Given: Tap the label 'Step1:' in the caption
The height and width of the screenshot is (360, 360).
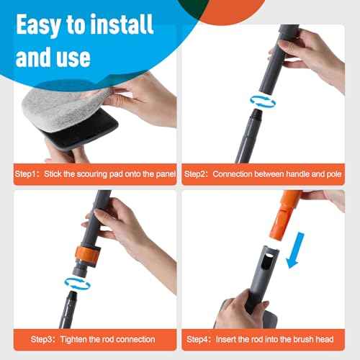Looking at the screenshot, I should pos(29,174).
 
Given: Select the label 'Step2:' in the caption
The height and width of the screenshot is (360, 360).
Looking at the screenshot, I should pos(198,174).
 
